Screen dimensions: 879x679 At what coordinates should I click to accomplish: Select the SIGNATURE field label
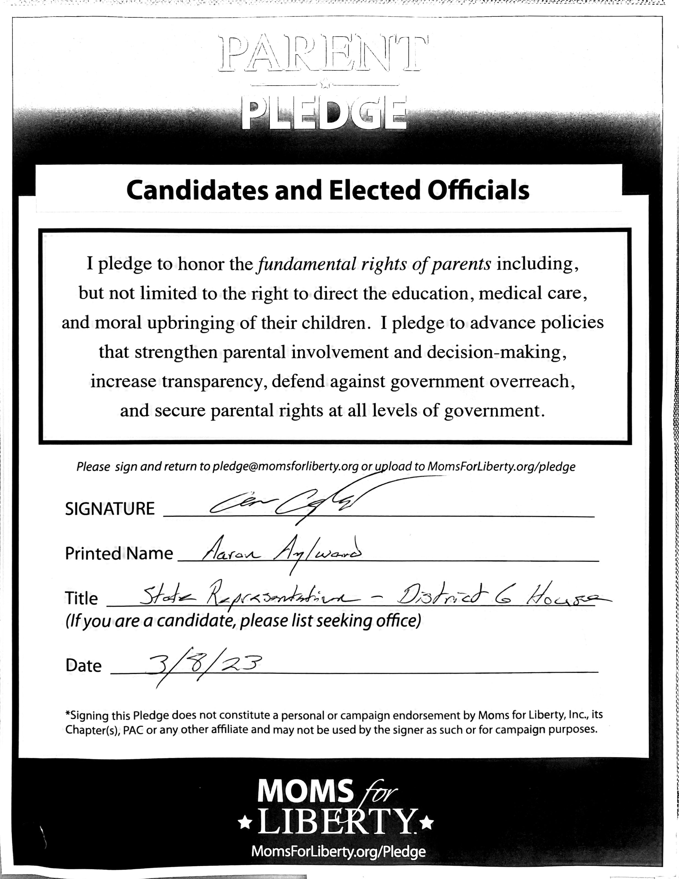click(110, 509)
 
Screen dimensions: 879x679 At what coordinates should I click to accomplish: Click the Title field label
click(81, 598)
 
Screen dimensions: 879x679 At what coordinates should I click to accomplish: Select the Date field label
click(83, 666)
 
